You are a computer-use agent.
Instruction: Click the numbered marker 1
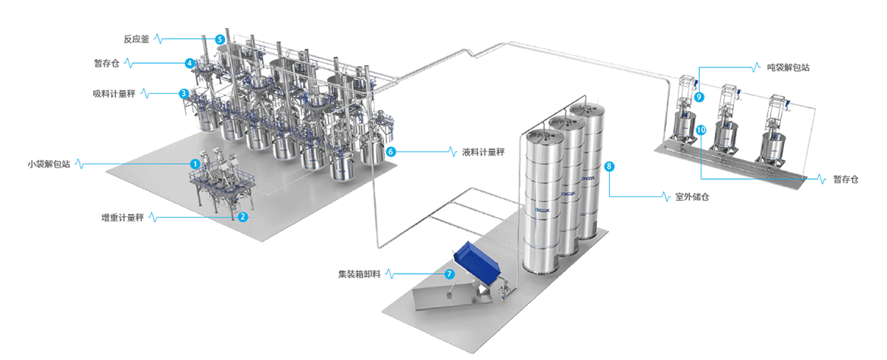[195, 163]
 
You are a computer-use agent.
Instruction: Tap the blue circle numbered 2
[242, 217]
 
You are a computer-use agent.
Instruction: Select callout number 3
[183, 93]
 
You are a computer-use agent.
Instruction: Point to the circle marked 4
[190, 63]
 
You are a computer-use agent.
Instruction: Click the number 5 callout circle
[220, 39]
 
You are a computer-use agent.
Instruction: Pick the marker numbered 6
[391, 151]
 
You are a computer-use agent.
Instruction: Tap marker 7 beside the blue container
[449, 273]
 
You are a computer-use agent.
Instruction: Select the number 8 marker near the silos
[609, 165]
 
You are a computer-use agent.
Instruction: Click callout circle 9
[698, 97]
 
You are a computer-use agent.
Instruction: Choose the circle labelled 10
[701, 130]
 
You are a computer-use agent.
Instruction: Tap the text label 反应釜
[136, 38]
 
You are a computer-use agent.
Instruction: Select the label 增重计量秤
[123, 217]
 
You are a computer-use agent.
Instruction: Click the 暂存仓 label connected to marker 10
[845, 180]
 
